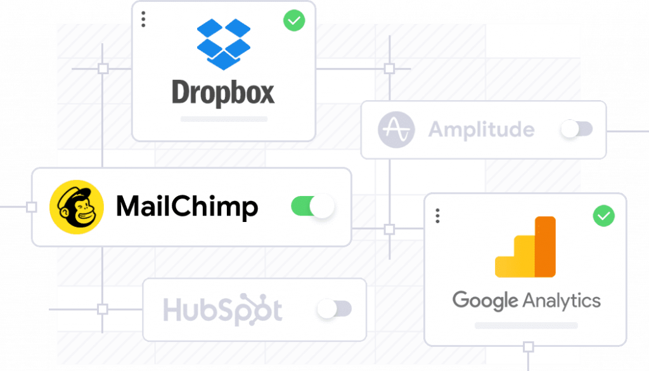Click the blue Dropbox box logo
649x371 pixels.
(223, 43)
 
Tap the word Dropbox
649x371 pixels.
(223, 93)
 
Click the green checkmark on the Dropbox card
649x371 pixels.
(294, 20)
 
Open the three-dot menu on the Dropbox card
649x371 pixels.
(143, 19)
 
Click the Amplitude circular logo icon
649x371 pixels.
(396, 130)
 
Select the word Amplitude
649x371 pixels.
(482, 130)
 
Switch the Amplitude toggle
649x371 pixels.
(576, 129)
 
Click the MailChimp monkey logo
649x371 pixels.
(77, 207)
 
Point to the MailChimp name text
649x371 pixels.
(187, 207)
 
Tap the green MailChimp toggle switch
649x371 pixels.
(312, 206)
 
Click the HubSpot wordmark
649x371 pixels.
(222, 311)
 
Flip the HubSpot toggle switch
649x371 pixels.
(334, 309)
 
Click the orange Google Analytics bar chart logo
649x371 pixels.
(525, 247)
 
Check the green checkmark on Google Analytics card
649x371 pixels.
(603, 216)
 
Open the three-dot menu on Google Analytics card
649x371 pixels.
(437, 216)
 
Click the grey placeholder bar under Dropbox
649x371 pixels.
(224, 119)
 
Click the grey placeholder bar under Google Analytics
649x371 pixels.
(526, 325)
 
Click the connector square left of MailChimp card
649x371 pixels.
(31, 207)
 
